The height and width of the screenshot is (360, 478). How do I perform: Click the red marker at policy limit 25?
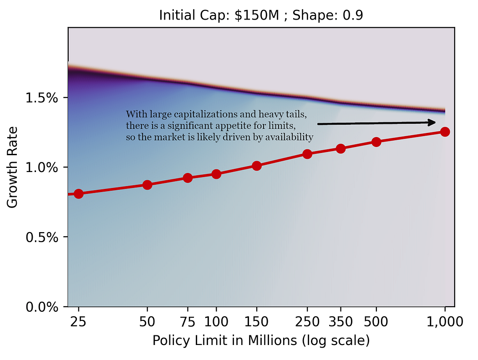point(78,194)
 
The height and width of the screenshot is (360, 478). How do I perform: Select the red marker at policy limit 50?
point(147,185)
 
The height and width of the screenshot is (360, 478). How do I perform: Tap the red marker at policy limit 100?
point(216,174)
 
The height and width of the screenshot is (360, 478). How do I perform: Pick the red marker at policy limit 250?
point(307,154)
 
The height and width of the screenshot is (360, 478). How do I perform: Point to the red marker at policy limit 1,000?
point(445,132)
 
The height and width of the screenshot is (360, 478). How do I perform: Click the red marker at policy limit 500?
point(376,142)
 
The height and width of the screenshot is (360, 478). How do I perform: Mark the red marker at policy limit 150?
point(256,166)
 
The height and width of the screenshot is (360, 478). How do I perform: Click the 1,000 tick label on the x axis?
point(445,322)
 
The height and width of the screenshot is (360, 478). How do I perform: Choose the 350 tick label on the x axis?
point(341,322)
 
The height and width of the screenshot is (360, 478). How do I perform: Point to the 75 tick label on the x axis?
point(187,322)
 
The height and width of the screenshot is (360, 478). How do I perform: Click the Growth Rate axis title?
point(13,167)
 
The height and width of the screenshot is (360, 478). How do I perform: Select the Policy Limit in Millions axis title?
point(261,341)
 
